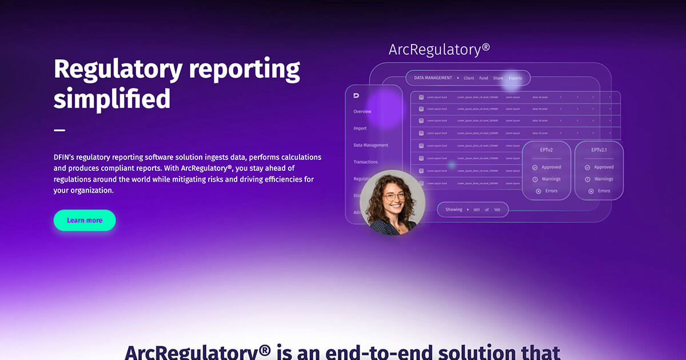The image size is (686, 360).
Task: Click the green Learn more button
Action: [85, 221]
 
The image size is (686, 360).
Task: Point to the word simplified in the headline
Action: [112, 98]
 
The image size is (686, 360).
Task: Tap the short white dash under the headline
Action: [59, 130]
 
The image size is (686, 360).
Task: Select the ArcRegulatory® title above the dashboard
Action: [439, 49]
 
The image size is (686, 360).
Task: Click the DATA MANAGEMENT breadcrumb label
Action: [433, 78]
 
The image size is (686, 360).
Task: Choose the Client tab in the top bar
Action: [469, 78]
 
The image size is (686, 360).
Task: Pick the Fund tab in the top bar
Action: [484, 78]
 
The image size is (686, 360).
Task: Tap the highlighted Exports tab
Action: [515, 78]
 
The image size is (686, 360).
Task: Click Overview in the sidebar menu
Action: [362, 111]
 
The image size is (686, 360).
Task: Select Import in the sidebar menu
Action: [360, 129]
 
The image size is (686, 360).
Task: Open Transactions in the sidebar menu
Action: [366, 162]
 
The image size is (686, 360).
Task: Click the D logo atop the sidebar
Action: [356, 95]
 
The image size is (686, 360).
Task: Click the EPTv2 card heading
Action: [546, 150]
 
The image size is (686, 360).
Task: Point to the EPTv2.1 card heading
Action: [599, 150]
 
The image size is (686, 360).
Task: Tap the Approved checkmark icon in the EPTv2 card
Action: [535, 167]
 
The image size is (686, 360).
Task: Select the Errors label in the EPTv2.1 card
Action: [604, 191]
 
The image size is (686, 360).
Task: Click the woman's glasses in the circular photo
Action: [394, 196]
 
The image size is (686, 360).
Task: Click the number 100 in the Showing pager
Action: [497, 210]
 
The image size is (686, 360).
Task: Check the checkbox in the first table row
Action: [421, 97]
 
